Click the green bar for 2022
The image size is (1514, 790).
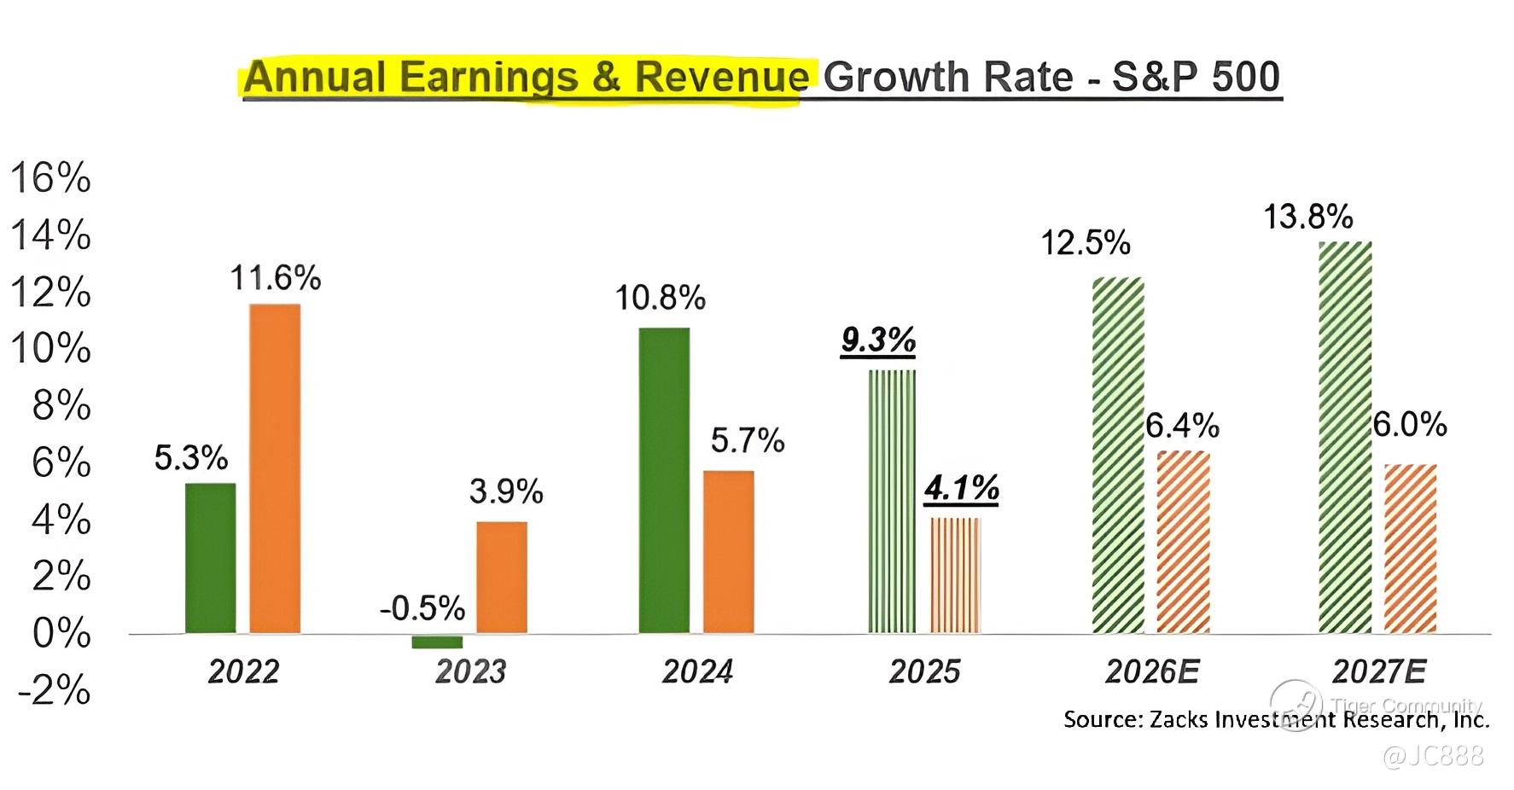point(210,558)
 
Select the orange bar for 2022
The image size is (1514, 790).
point(275,468)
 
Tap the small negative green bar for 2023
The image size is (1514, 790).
point(437,642)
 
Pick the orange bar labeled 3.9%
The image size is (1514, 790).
point(501,578)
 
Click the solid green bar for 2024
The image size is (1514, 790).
point(664,480)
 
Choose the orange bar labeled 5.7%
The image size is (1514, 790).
point(728,552)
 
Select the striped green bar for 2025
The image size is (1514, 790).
point(892,502)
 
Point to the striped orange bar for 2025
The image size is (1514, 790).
point(956,575)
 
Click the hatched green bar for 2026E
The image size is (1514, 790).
point(1118,455)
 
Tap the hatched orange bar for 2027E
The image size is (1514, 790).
point(1410,549)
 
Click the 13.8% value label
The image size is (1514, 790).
point(1307,217)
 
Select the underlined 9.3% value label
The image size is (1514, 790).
point(878,340)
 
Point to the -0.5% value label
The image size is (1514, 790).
point(422,608)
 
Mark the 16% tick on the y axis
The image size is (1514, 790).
point(50,178)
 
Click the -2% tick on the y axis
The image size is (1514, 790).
point(55,690)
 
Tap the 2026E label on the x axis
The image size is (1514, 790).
point(1151,672)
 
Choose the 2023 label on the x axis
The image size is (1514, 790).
point(470,672)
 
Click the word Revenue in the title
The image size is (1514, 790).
point(721,77)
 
